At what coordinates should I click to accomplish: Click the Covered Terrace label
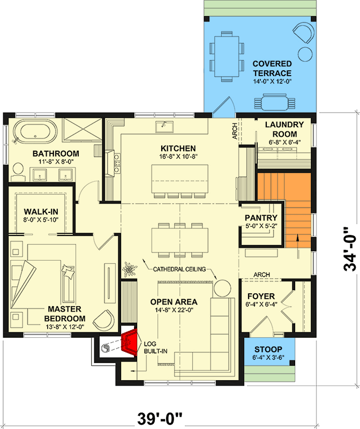click(272, 69)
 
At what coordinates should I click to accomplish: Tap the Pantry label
click(261, 218)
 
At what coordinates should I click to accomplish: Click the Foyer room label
click(261, 296)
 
